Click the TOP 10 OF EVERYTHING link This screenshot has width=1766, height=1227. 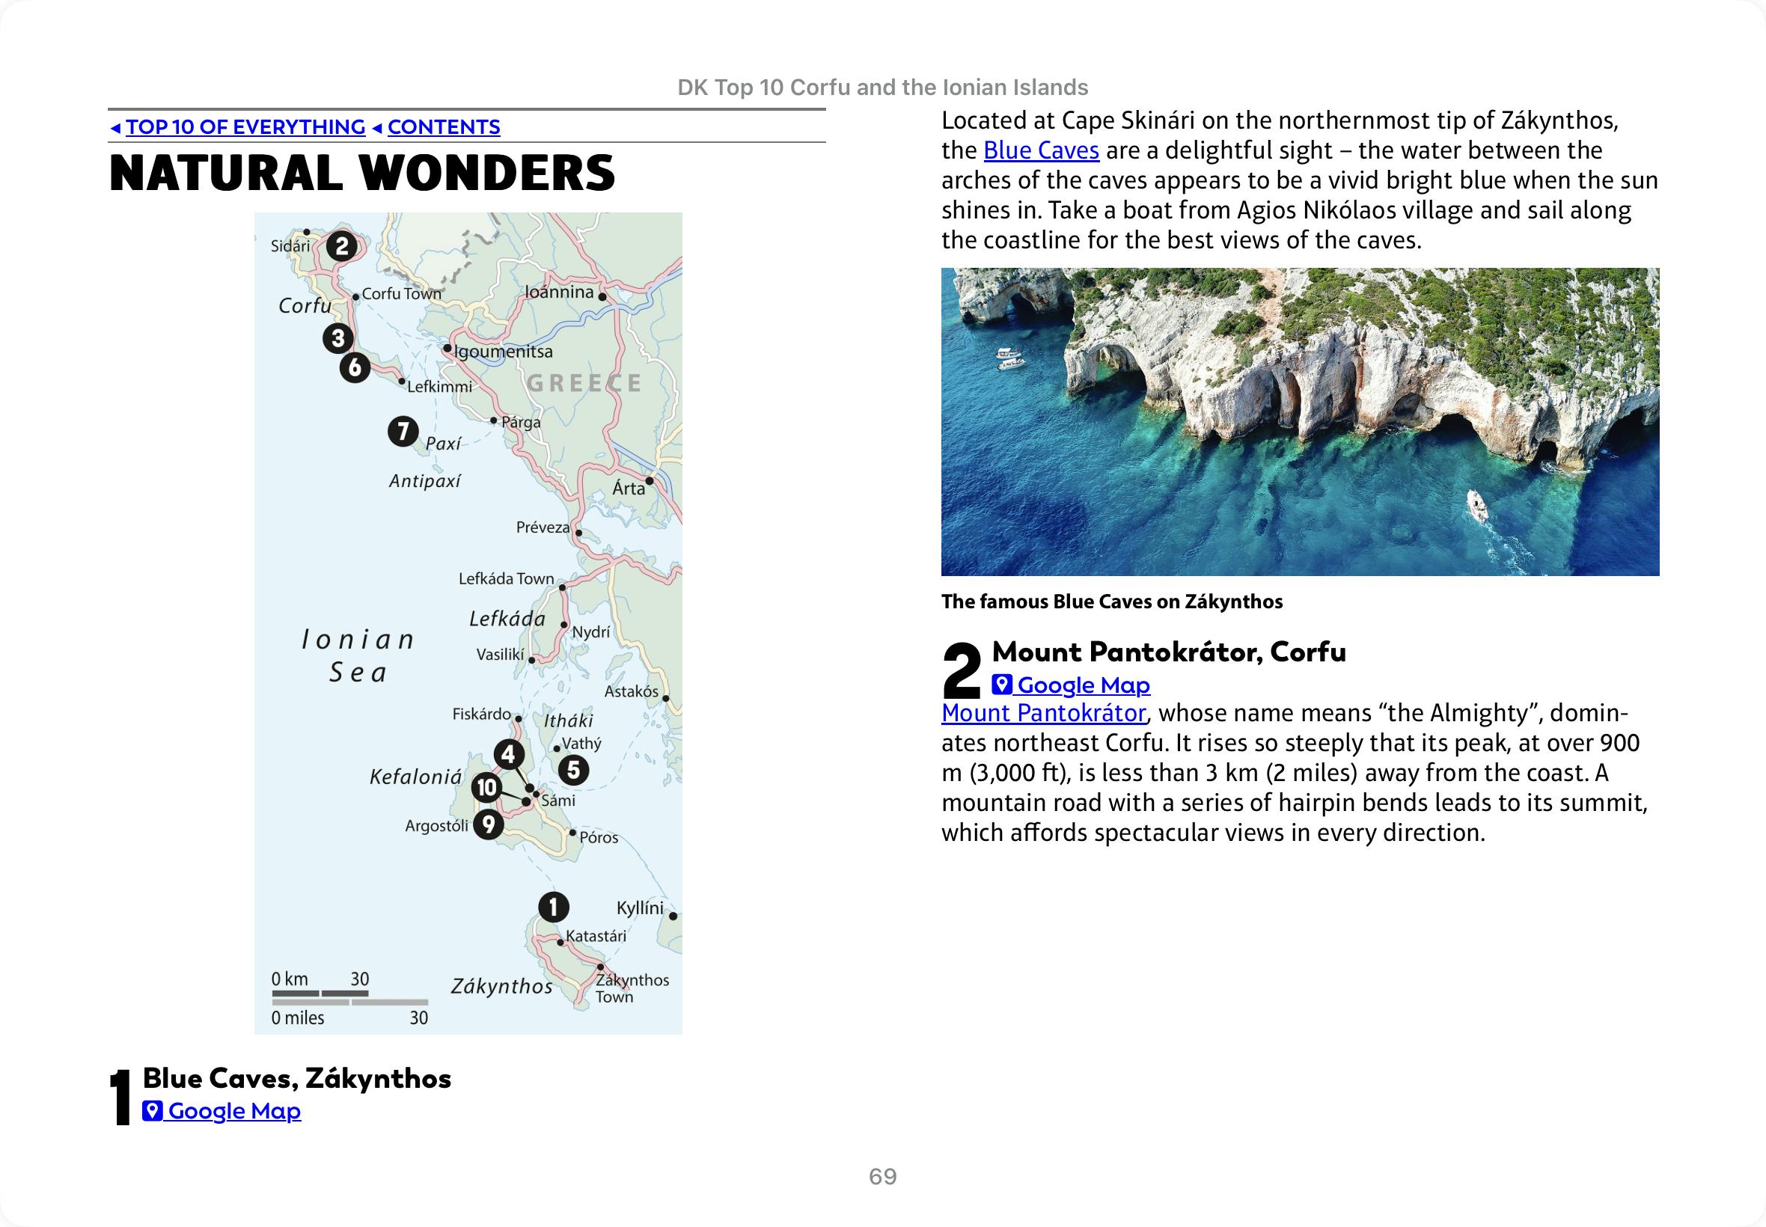(245, 127)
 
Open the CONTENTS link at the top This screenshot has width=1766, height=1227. (444, 127)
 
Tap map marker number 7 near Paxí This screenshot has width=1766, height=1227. (403, 431)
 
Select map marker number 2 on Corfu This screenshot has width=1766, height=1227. (342, 247)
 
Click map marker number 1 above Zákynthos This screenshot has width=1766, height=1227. (553, 907)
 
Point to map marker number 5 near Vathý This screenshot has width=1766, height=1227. (573, 770)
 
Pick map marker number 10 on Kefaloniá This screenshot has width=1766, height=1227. (486, 787)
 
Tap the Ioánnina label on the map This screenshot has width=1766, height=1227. (559, 292)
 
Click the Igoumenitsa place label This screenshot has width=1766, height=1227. (504, 352)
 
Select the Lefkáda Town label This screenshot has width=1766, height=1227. (506, 578)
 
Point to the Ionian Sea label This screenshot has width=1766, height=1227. (358, 655)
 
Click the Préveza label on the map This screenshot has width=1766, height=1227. (543, 527)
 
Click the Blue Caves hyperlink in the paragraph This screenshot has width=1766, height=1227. (1041, 150)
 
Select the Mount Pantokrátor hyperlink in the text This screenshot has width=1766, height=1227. (1043, 714)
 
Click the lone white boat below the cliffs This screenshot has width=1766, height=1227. (1477, 504)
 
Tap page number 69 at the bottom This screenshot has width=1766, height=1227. (882, 1176)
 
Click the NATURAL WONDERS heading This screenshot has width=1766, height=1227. (362, 173)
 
